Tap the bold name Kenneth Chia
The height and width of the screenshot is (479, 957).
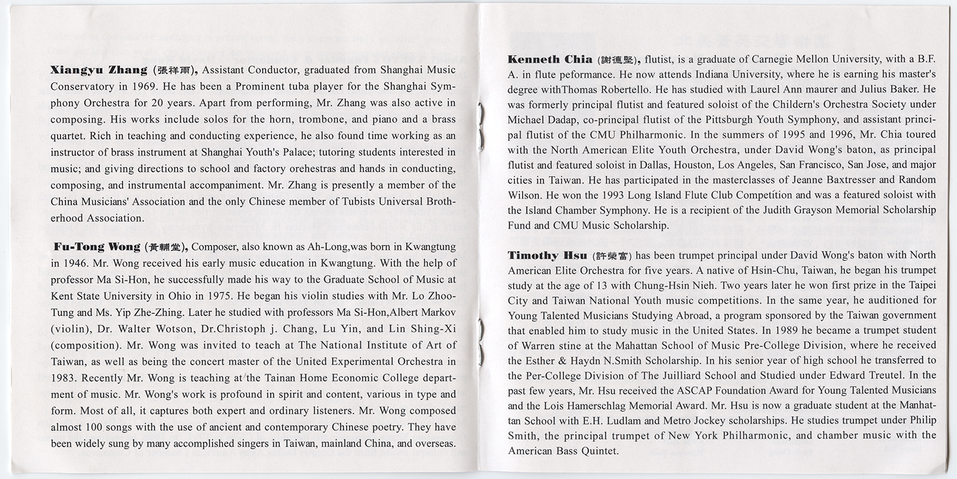pyautogui.click(x=550, y=59)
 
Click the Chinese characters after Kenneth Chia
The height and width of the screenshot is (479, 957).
pyautogui.click(x=617, y=60)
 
